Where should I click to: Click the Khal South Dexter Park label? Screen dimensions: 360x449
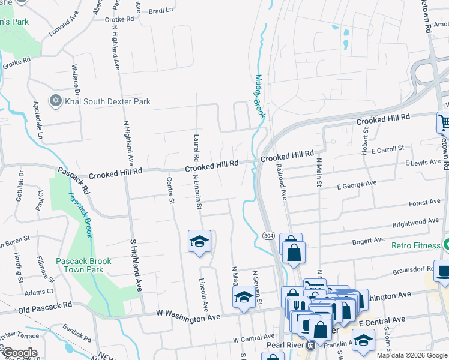point(108,101)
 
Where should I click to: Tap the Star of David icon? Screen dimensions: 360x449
point(56,101)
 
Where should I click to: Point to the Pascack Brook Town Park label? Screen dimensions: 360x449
point(84,265)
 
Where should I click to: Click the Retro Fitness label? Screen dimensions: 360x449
point(417,245)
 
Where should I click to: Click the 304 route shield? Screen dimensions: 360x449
point(268,235)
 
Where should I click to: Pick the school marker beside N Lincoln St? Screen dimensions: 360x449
point(199,241)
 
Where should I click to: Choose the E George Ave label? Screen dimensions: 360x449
point(357,185)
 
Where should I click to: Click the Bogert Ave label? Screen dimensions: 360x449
point(369,241)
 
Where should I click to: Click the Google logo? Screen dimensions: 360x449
point(20,353)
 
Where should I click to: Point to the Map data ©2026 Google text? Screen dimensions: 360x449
point(412,355)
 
